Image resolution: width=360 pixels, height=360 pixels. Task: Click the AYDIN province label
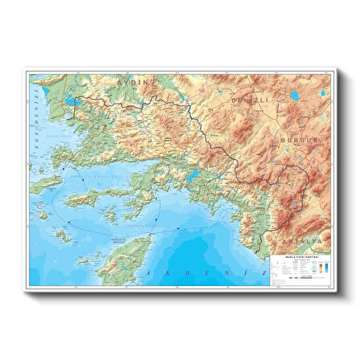[x=134, y=82]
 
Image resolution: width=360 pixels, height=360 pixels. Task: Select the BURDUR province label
[x=298, y=140]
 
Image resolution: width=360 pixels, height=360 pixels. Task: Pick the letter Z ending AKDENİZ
[x=264, y=273]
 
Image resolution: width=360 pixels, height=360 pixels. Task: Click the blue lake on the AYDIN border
[x=69, y=102]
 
